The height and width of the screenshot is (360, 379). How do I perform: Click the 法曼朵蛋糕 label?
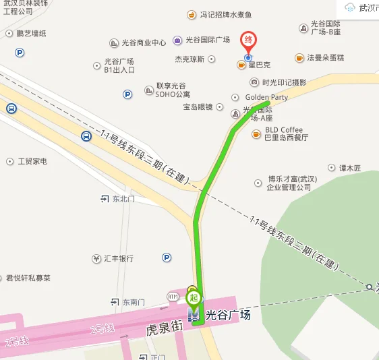tap(326, 58)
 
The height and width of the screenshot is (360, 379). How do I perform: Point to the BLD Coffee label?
tap(283, 129)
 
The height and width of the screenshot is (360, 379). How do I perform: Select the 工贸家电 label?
tap(32, 162)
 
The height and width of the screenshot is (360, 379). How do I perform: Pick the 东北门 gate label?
tap(123, 199)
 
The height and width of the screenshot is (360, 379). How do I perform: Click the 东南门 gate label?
tap(134, 302)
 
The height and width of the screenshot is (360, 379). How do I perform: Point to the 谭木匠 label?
tap(350, 167)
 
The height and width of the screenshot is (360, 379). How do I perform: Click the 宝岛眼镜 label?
tap(198, 107)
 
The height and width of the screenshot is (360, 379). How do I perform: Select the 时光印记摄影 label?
tap(284, 82)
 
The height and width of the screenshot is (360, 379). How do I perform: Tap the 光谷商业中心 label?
tap(143, 42)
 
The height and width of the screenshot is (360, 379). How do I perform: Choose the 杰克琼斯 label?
tap(189, 59)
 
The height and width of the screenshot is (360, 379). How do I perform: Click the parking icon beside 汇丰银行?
tap(167, 257)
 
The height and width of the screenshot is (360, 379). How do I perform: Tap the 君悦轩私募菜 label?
tap(38, 278)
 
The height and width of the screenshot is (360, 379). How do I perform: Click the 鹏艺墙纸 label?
tap(31, 33)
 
